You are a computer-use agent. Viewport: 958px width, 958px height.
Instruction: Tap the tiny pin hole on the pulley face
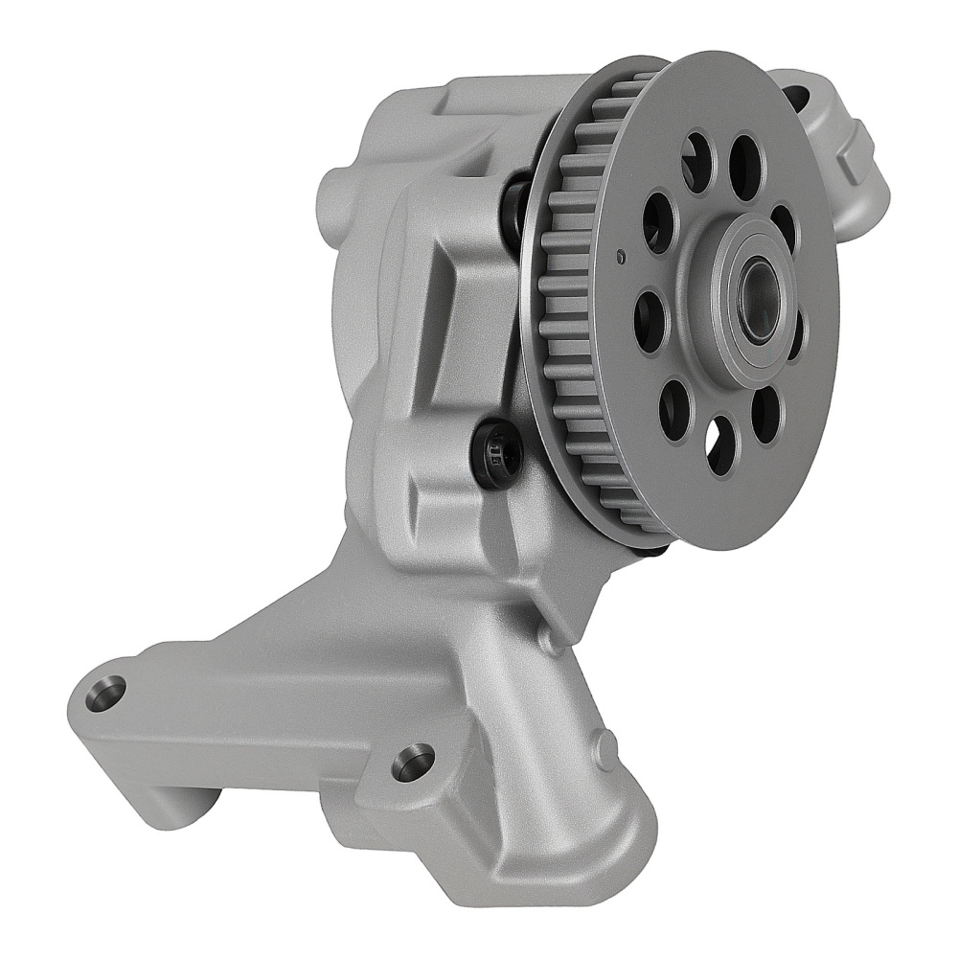[621, 256]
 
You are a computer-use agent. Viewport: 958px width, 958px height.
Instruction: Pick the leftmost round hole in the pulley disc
[650, 319]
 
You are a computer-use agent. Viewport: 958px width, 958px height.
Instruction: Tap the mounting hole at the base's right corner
[413, 763]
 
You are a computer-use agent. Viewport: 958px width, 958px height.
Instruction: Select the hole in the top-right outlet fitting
[796, 96]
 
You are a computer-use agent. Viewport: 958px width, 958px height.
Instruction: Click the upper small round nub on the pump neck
[549, 639]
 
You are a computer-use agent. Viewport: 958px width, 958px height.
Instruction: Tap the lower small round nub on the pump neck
[604, 743]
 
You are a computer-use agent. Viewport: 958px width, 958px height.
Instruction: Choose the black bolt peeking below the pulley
[653, 551]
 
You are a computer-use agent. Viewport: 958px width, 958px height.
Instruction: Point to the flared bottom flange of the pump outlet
[536, 843]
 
